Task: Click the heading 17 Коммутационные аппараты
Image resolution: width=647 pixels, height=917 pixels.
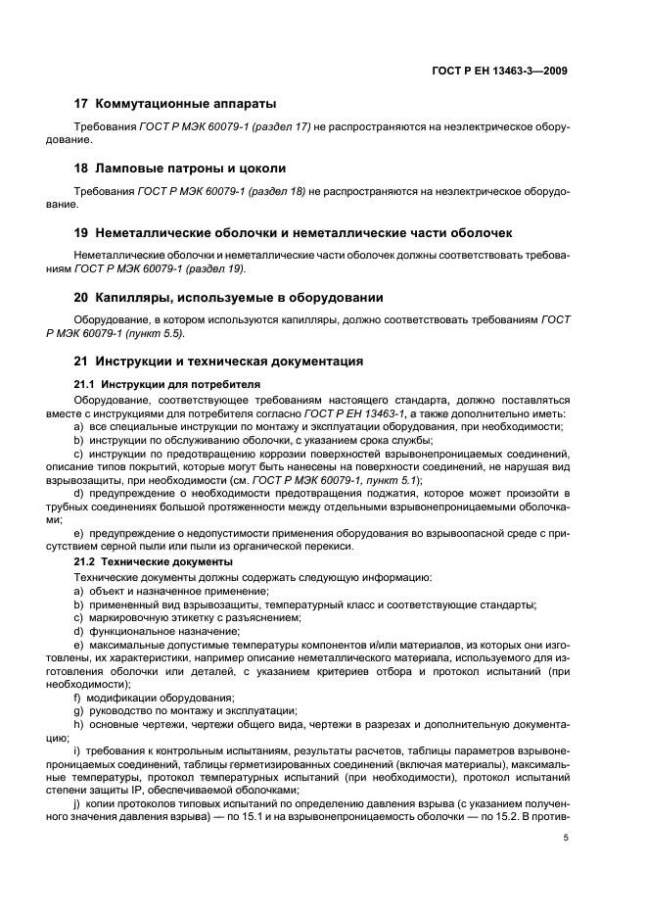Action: pyautogui.click(x=175, y=103)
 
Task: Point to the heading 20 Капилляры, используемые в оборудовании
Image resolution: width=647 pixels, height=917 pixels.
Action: pyautogui.click(x=229, y=297)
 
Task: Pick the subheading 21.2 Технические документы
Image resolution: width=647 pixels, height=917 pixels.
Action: pyautogui.click(x=154, y=561)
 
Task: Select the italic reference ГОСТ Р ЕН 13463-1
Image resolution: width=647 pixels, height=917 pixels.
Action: pyautogui.click(x=357, y=413)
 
